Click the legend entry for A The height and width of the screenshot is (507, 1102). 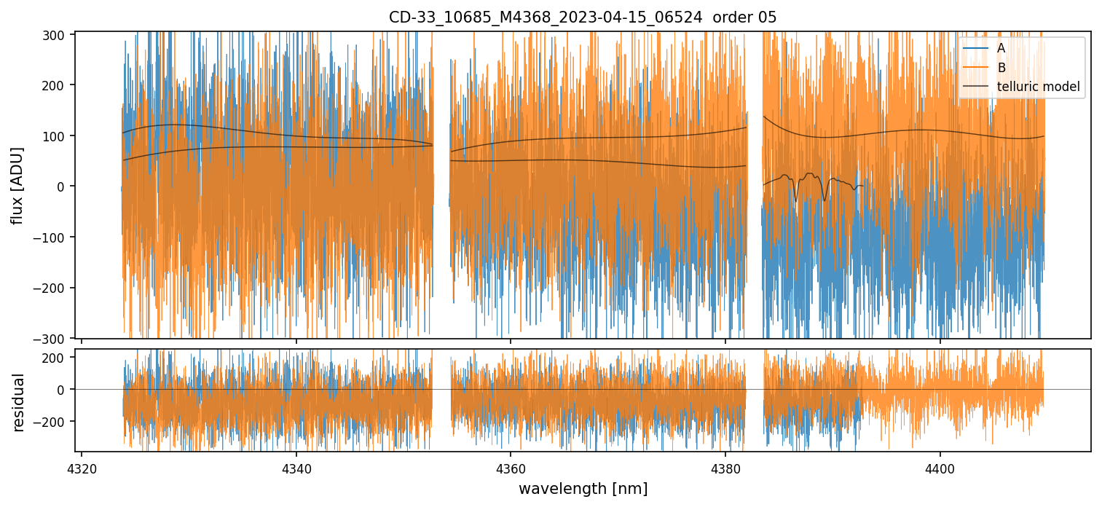coord(1001,48)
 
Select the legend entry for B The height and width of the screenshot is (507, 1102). coord(1001,68)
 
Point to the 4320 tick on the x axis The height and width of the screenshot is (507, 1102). coord(82,466)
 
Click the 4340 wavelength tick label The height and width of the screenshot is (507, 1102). coord(296,466)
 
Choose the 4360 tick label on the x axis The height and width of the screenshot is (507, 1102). coord(511,466)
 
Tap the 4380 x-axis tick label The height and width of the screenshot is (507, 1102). coord(725,466)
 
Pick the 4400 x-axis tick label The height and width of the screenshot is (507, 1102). coord(940,466)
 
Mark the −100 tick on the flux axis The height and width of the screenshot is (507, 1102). coord(52,237)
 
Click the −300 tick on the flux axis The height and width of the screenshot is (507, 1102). coord(52,339)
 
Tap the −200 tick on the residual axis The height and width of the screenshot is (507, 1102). coord(52,421)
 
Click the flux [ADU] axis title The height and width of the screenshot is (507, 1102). coord(17,185)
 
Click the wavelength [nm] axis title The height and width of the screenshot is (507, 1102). coord(583,489)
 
